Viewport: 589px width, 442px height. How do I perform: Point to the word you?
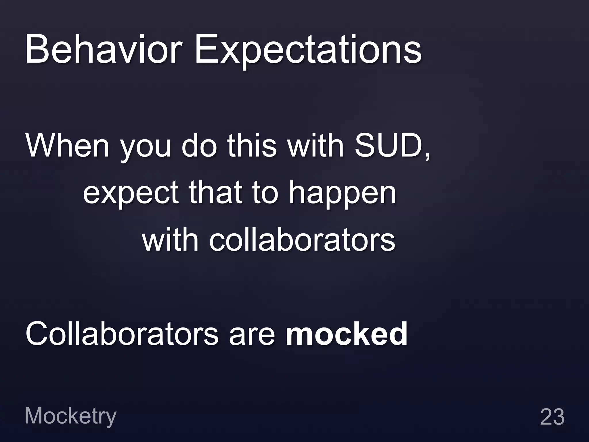tap(146, 148)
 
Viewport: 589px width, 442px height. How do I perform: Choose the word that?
tap(215, 192)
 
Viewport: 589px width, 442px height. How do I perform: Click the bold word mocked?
tap(347, 334)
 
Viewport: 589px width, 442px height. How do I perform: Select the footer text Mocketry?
tap(70, 416)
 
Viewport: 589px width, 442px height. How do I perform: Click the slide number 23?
tap(552, 417)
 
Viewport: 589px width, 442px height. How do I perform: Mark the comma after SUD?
tap(427, 155)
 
